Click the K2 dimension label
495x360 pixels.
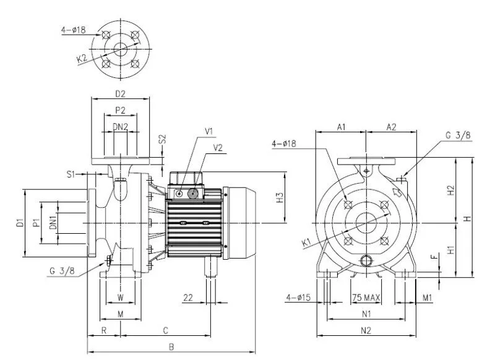pyautogui.click(x=82, y=59)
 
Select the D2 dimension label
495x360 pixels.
pyautogui.click(x=120, y=93)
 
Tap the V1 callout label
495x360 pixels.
pyautogui.click(x=209, y=131)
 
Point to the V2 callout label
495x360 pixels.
pyautogui.click(x=218, y=147)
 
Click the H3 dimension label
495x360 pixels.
pyautogui.click(x=280, y=198)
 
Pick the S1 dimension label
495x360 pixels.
pyautogui.click(x=71, y=174)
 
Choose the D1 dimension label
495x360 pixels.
pyautogui.click(x=20, y=223)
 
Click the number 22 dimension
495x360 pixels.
pyautogui.click(x=188, y=298)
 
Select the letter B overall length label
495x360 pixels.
pyautogui.click(x=171, y=347)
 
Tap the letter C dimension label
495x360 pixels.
pyautogui.click(x=165, y=330)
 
